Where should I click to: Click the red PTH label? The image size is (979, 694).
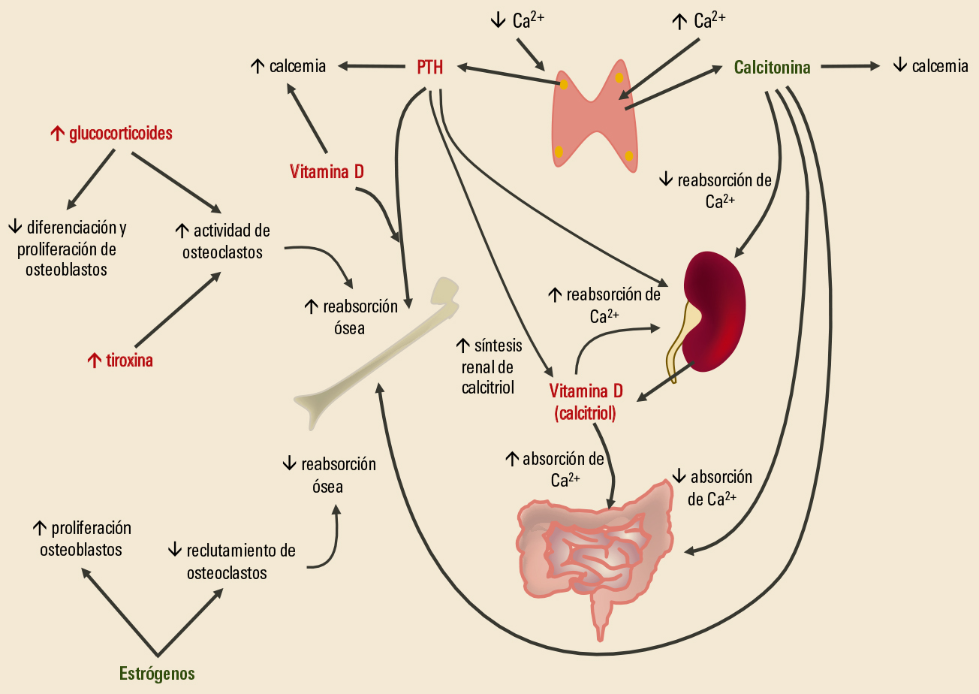[429, 68]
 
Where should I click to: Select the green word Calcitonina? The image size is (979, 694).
[772, 68]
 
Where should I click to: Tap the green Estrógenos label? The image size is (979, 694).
[157, 673]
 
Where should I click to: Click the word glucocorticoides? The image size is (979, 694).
[111, 134]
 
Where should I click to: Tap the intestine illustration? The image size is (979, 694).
[593, 548]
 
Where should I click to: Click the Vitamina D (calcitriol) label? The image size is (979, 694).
[586, 402]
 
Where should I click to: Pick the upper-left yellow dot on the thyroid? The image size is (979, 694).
[563, 85]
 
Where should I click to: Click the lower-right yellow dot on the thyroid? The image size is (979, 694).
[629, 155]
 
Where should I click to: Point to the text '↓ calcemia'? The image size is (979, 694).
[930, 66]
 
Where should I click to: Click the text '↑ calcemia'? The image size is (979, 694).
[288, 66]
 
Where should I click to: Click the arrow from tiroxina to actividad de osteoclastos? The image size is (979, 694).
[177, 308]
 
